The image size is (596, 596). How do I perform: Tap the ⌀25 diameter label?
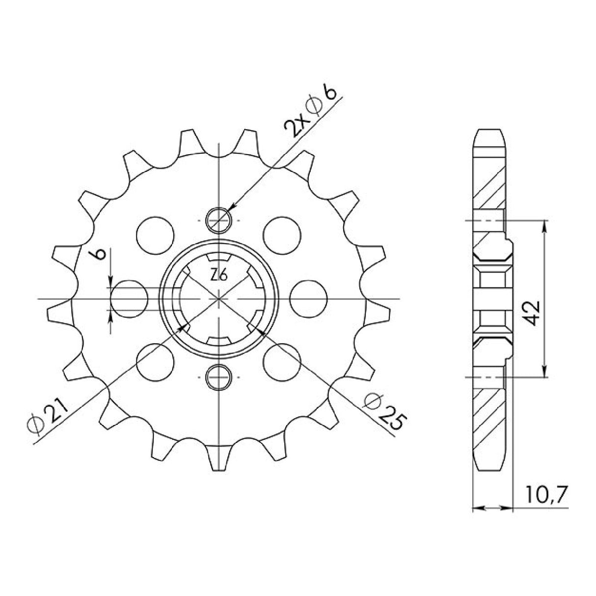(x=386, y=415)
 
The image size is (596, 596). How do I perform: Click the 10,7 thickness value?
(x=543, y=494)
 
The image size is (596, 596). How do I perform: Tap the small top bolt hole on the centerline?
(x=218, y=219)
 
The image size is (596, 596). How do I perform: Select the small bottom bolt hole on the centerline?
(x=218, y=377)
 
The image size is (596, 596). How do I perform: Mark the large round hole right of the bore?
(x=309, y=298)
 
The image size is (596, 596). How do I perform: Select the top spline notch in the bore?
(x=218, y=258)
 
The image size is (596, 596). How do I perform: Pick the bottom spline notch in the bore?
(x=218, y=340)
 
